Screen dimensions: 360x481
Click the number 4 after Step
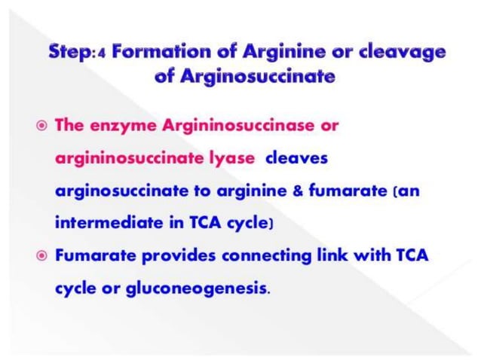[x=103, y=54]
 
